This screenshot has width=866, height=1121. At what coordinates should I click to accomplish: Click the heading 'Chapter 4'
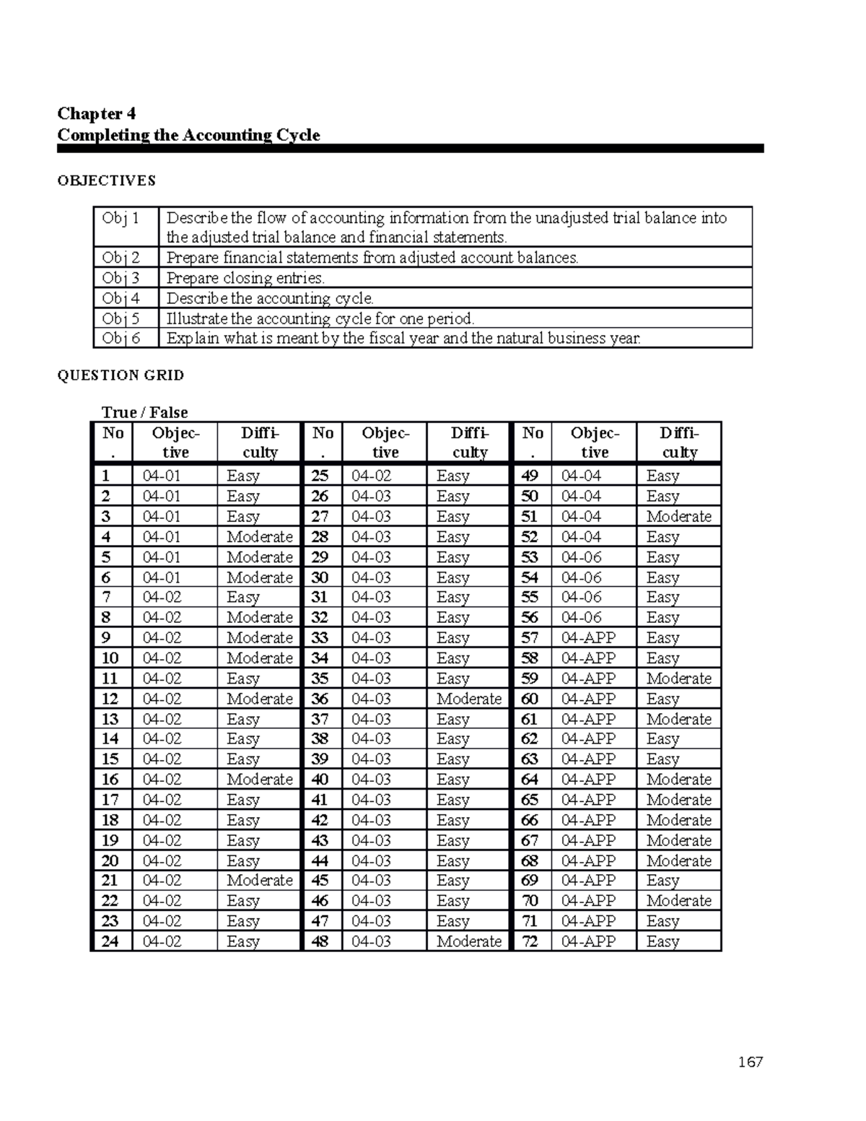click(96, 113)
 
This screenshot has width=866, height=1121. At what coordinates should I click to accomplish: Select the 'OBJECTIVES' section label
click(106, 180)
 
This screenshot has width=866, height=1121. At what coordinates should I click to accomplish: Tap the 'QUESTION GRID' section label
click(121, 375)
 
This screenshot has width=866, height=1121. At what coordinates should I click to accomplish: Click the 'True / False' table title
click(144, 412)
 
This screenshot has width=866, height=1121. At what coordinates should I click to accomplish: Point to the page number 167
click(750, 1062)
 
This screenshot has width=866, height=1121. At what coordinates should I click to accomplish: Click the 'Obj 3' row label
click(121, 278)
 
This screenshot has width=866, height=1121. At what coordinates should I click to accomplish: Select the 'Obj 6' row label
click(121, 338)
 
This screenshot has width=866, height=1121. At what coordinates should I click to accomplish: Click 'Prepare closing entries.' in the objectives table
click(245, 278)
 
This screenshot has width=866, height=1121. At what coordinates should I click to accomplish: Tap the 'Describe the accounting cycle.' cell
click(270, 298)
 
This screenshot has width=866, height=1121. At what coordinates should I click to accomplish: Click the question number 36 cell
click(320, 699)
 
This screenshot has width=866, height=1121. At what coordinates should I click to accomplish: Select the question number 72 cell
click(530, 941)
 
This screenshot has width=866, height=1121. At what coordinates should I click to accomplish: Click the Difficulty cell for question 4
click(259, 537)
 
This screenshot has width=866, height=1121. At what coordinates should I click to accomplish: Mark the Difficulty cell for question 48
click(468, 941)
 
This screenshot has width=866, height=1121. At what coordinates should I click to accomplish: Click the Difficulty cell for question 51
click(678, 517)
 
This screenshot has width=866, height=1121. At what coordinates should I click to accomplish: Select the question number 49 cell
click(530, 476)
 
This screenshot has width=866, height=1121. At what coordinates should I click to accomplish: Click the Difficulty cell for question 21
click(259, 881)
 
